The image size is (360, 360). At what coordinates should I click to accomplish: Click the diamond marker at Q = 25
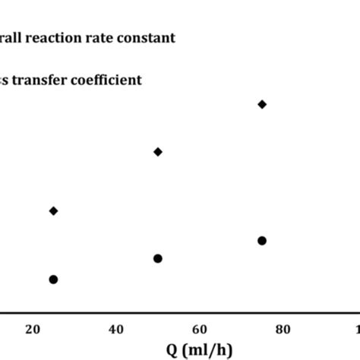click(x=53, y=210)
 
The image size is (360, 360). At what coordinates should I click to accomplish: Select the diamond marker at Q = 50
click(x=158, y=152)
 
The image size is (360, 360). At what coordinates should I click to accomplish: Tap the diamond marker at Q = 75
click(x=262, y=104)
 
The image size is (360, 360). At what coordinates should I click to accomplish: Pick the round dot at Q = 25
click(x=53, y=279)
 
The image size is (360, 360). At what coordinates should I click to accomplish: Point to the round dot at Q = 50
click(x=158, y=258)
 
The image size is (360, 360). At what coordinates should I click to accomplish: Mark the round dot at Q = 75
click(x=262, y=241)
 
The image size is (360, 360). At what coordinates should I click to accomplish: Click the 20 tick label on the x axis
click(x=33, y=329)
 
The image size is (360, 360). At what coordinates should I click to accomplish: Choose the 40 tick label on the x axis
click(x=116, y=329)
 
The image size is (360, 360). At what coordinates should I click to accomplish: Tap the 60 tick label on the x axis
click(x=199, y=329)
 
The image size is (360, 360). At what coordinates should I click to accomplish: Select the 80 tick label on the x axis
click(x=283, y=329)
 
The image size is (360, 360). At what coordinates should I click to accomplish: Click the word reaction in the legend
click(x=52, y=37)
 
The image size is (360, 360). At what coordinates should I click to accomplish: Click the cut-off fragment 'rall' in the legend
click(x=11, y=37)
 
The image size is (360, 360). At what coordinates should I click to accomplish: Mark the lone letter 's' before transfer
click(x=3, y=80)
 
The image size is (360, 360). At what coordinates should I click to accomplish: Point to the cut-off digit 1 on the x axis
click(x=357, y=329)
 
